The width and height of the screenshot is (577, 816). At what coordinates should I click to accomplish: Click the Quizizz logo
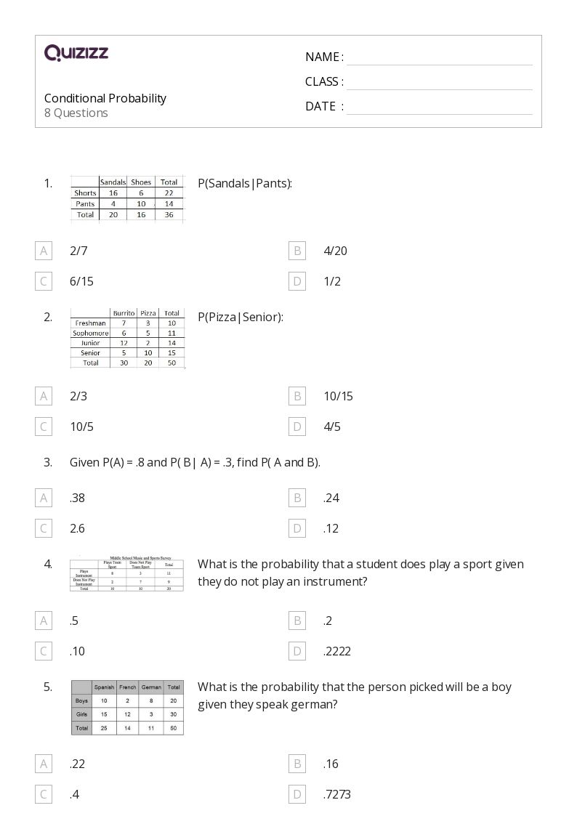(x=76, y=52)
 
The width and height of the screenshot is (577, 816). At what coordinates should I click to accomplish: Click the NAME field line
(x=439, y=58)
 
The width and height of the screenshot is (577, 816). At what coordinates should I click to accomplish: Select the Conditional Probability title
(x=105, y=98)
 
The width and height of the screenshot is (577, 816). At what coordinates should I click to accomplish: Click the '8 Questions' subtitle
(x=76, y=113)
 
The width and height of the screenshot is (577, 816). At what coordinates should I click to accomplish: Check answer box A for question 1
(x=44, y=251)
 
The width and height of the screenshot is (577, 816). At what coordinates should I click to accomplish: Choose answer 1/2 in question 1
(x=332, y=281)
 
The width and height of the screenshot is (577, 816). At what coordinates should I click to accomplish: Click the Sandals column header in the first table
(x=113, y=182)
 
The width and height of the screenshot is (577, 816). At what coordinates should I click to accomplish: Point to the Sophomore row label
(x=90, y=333)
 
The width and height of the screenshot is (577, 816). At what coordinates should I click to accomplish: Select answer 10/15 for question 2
(x=338, y=396)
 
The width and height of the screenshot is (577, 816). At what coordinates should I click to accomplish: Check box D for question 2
(x=296, y=427)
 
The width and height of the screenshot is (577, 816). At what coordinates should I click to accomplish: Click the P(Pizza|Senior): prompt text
(x=241, y=317)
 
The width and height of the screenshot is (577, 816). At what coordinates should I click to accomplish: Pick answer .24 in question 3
(x=331, y=498)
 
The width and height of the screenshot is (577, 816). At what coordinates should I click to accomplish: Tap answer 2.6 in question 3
(x=77, y=528)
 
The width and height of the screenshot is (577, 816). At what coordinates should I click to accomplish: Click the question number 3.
(x=48, y=462)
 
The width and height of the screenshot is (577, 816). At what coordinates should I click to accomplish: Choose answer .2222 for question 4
(x=337, y=651)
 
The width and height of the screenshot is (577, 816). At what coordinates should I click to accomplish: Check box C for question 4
(x=44, y=651)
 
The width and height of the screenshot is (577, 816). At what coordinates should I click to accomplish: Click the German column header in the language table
(x=151, y=687)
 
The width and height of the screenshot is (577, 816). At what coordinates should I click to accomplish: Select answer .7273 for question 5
(x=337, y=794)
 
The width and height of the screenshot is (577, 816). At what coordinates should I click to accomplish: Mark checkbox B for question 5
(x=296, y=764)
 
